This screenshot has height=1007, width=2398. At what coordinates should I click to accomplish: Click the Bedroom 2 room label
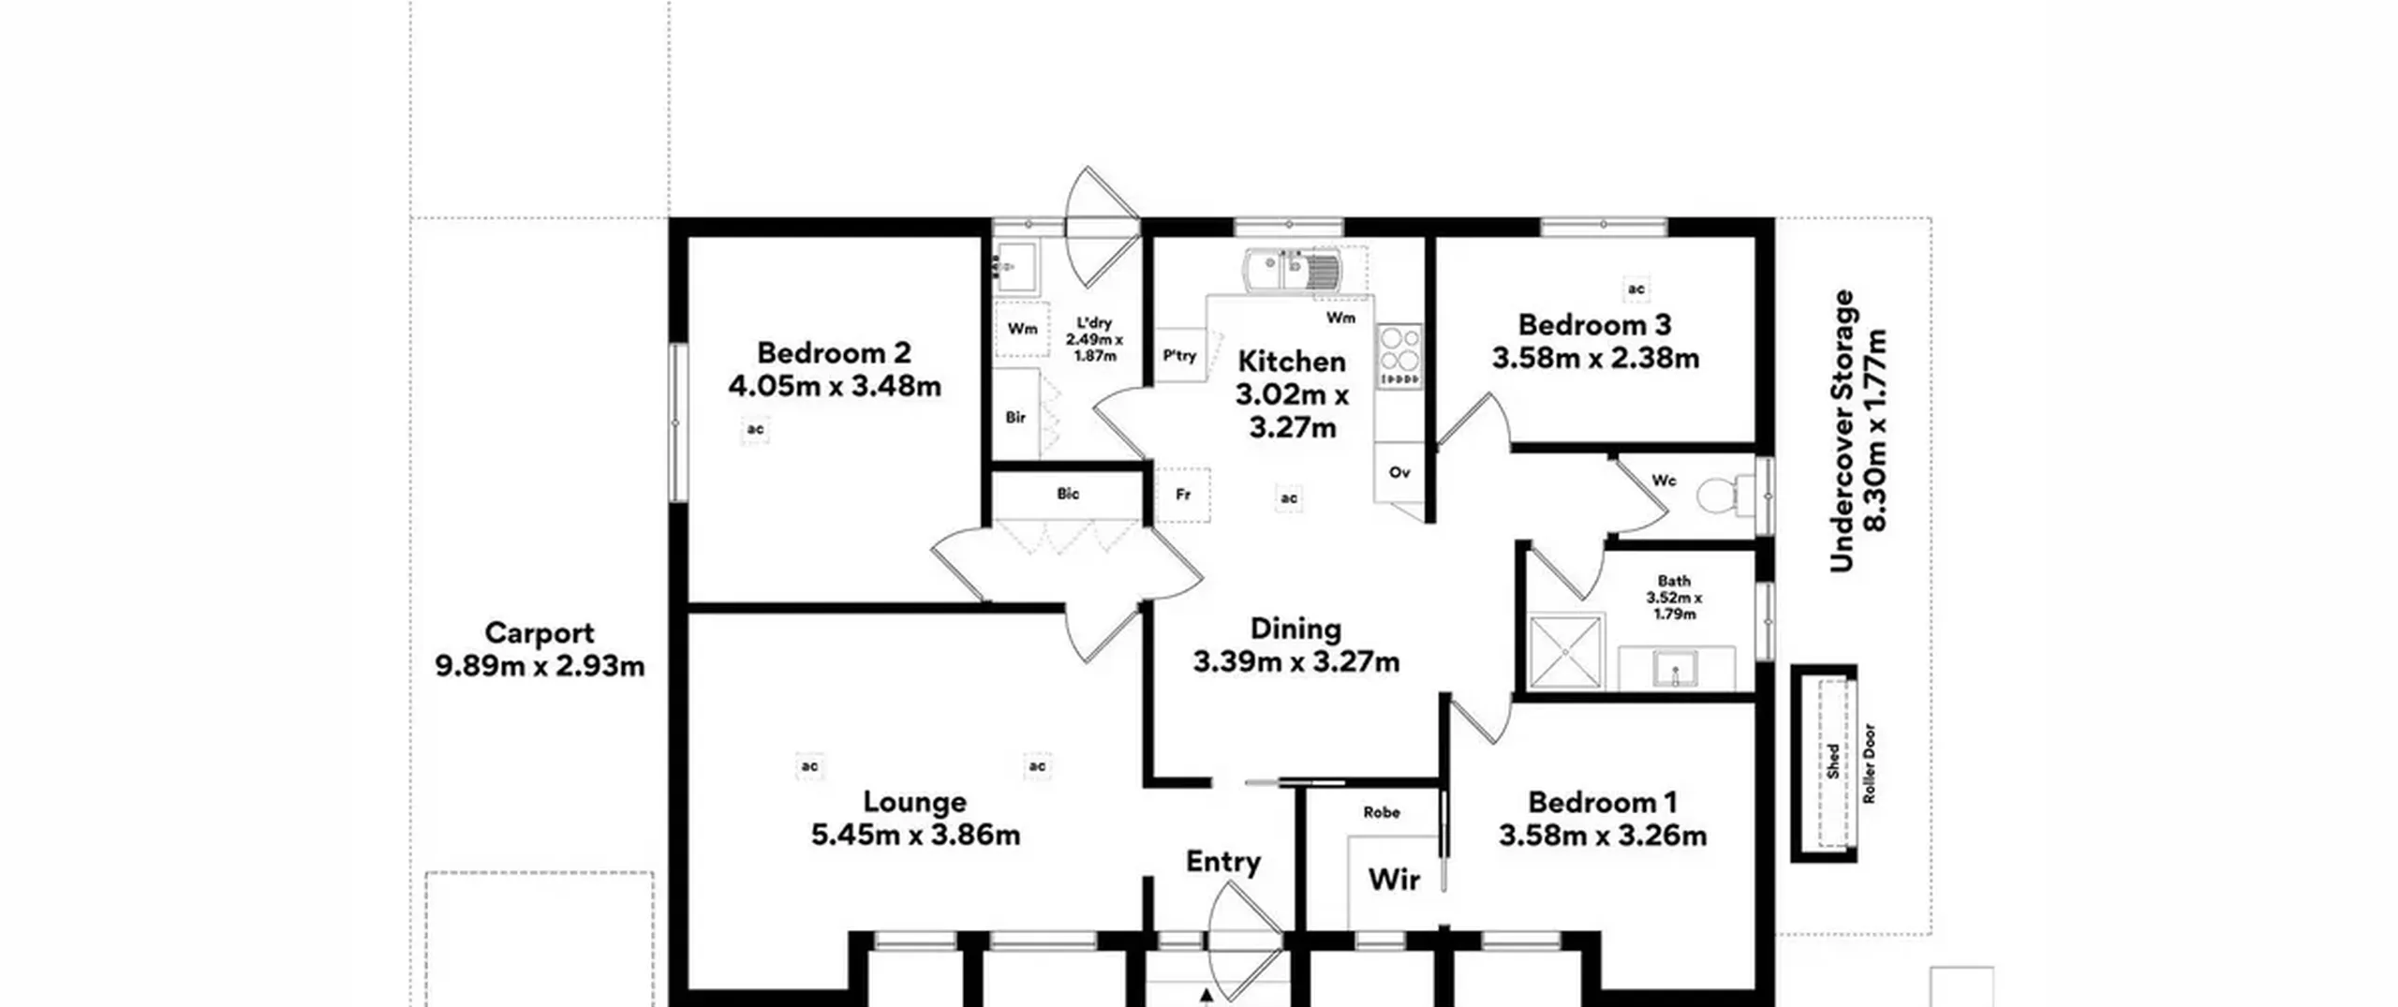click(x=834, y=353)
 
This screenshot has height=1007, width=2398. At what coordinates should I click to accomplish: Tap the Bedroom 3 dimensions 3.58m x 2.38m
click(x=1595, y=358)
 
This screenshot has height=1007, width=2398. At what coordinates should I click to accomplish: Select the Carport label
click(x=540, y=633)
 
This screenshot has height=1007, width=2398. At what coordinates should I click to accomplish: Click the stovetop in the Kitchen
click(x=1399, y=356)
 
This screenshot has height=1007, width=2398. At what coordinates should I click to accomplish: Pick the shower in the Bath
click(x=1566, y=651)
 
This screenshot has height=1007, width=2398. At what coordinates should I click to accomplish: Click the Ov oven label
click(x=1399, y=472)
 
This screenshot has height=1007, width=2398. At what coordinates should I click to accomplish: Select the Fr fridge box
click(x=1183, y=495)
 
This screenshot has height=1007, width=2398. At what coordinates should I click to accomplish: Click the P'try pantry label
click(x=1180, y=356)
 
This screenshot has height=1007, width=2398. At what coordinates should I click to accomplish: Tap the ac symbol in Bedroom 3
click(x=1636, y=289)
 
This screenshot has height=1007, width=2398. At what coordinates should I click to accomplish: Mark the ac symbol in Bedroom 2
click(x=755, y=429)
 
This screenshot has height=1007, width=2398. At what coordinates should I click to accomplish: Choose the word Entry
click(x=1223, y=862)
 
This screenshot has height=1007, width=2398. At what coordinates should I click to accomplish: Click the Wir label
click(x=1394, y=879)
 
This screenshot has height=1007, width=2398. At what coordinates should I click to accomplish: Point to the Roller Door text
click(x=1869, y=763)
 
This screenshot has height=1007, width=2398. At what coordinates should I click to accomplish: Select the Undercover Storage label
click(x=1842, y=431)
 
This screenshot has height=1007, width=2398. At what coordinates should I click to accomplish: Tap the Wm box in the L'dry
click(x=1022, y=329)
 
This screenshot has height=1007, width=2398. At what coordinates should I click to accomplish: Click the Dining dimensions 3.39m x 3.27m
click(x=1296, y=662)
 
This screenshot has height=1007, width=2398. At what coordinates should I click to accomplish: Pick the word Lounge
click(x=915, y=803)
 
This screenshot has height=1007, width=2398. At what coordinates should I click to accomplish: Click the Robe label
click(x=1382, y=812)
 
